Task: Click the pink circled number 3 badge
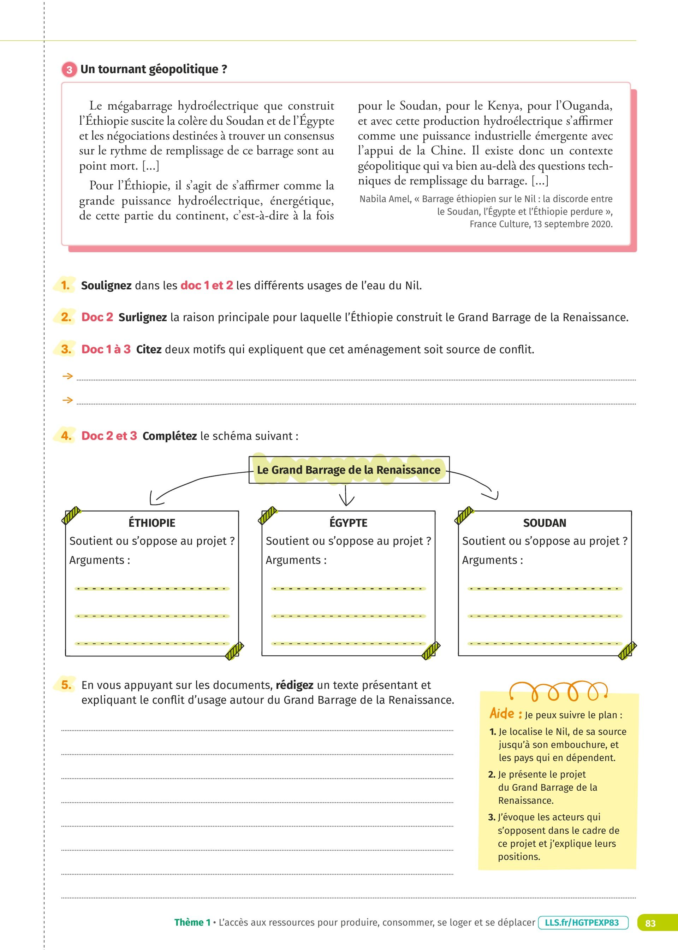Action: coord(69,69)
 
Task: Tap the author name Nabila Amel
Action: coord(385,199)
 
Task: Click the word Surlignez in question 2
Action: coord(142,317)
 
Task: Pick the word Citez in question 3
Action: coord(149,349)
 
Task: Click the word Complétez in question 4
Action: coord(169,436)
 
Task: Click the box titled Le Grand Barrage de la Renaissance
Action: coord(349,470)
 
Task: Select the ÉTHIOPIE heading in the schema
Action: coord(152,523)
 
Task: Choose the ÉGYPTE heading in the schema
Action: coord(349,523)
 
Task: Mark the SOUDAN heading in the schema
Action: coord(545,523)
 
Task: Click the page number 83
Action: coord(650,923)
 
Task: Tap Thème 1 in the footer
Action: coord(192,922)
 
